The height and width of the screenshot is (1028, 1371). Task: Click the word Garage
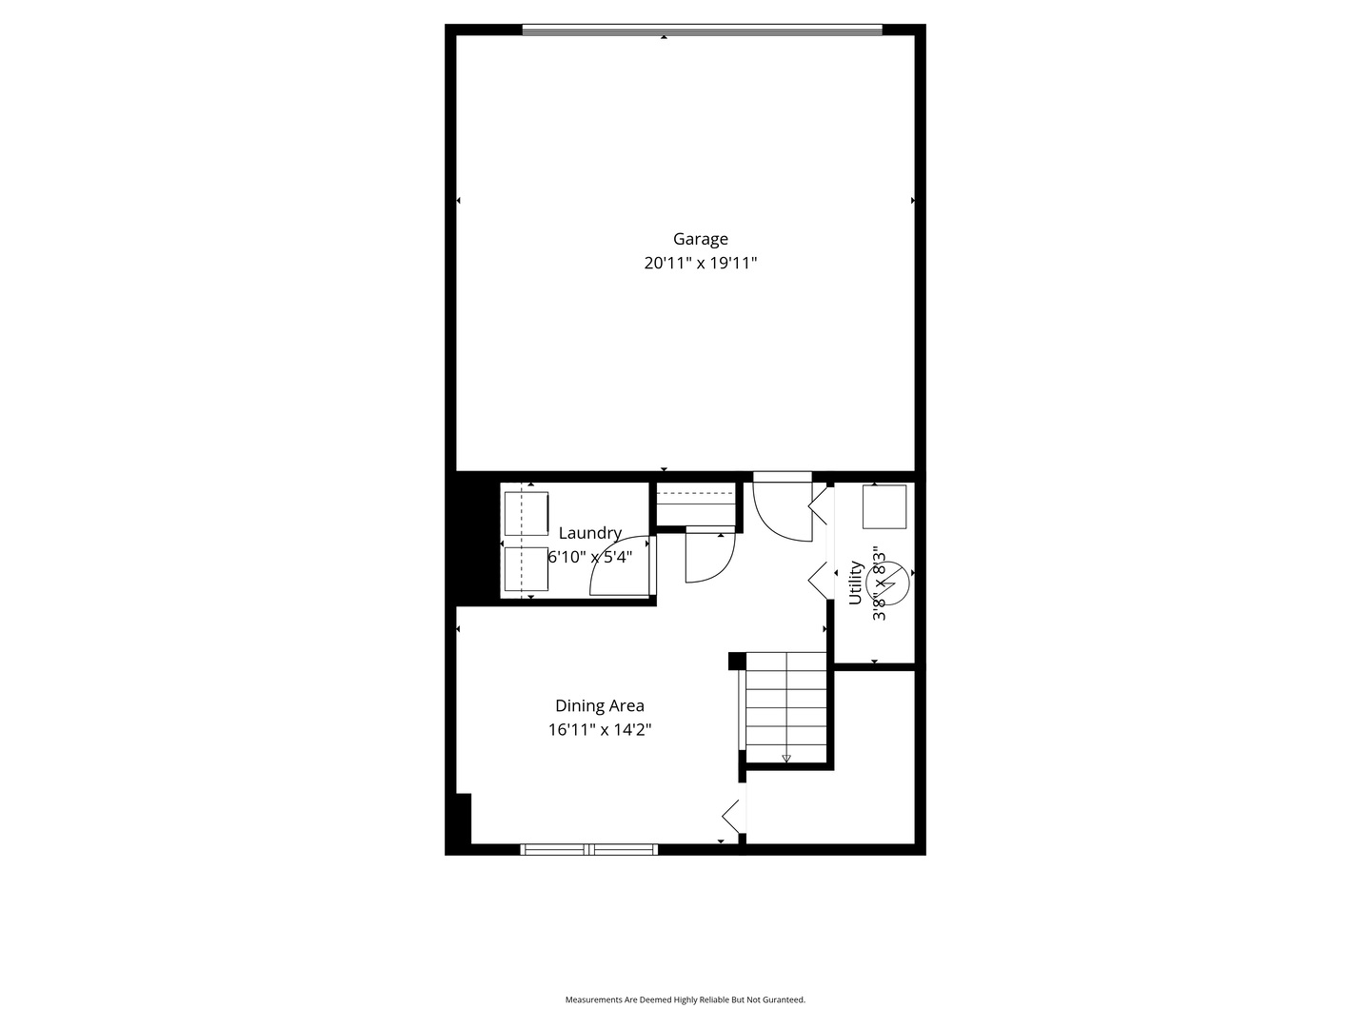(701, 240)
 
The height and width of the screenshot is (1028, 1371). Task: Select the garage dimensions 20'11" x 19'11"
(701, 264)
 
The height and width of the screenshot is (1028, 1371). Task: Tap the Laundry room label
(589, 533)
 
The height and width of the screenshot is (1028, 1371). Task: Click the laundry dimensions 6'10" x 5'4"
(589, 557)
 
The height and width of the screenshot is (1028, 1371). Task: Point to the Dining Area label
(600, 706)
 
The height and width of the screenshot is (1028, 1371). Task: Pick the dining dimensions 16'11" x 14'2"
(600, 730)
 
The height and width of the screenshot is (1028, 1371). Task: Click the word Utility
(855, 583)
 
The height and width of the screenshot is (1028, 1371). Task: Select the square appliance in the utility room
(884, 506)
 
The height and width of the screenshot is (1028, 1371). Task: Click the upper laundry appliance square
(527, 514)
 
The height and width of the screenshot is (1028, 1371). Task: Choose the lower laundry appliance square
(527, 568)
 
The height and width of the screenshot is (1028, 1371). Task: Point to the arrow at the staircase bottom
(786, 759)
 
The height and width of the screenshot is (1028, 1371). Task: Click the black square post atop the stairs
(736, 661)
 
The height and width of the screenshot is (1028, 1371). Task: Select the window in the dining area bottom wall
(589, 849)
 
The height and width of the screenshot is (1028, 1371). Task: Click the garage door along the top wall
(703, 30)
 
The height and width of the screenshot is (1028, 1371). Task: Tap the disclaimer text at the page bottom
(685, 999)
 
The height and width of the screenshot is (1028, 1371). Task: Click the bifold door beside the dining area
(732, 815)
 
